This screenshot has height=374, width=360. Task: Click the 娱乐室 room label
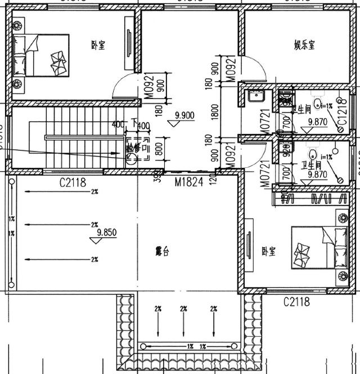(x=304, y=44)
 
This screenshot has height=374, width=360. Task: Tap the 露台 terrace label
(x=162, y=252)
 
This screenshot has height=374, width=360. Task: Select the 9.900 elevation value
(x=184, y=115)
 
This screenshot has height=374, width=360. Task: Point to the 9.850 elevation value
(x=106, y=232)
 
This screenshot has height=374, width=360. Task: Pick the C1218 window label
(x=341, y=118)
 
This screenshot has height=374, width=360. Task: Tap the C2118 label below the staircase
(x=73, y=181)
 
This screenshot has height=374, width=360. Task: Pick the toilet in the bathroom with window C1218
(x=318, y=103)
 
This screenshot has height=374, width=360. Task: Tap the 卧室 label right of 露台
(x=268, y=252)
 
